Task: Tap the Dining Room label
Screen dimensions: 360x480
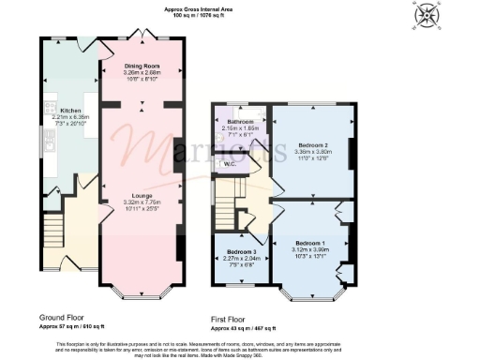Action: coord(143,66)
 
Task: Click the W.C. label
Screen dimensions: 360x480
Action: coord(230,165)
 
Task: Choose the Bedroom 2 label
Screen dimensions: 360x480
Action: coord(313,145)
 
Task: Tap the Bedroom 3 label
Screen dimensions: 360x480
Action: coord(242,252)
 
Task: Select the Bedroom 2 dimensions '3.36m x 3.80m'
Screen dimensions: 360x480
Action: coord(313,152)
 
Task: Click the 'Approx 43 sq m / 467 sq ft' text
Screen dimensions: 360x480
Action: coord(242,329)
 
